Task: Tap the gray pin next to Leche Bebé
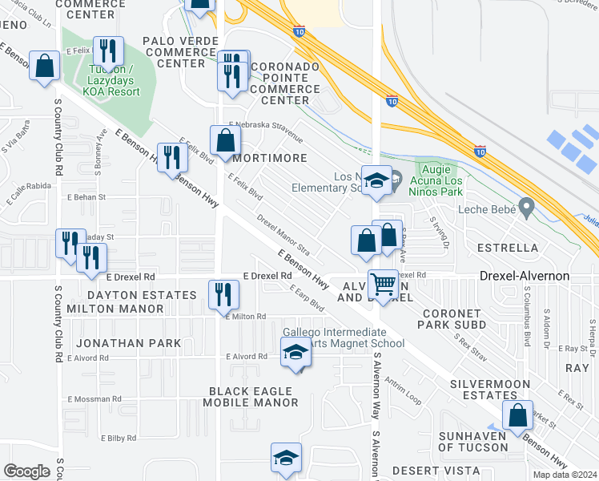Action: (x=526, y=208)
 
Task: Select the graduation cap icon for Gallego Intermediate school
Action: (x=295, y=352)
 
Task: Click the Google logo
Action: (x=26, y=471)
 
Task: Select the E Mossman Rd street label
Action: (x=94, y=398)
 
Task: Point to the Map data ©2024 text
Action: (x=564, y=475)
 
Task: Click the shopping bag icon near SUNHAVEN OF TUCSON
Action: (x=518, y=415)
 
